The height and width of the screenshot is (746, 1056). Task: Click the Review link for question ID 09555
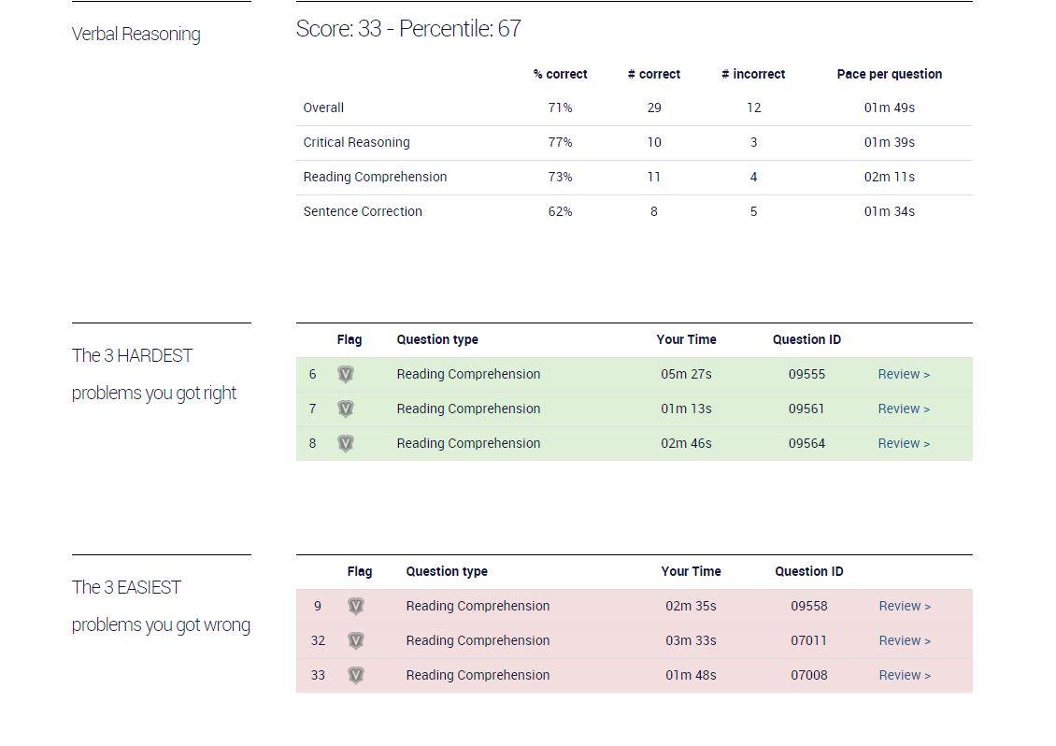pos(903,374)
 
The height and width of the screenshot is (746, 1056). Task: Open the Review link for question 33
pos(905,675)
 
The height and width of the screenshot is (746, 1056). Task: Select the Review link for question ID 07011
pos(905,640)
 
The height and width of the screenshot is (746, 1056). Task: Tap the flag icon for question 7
pos(346,409)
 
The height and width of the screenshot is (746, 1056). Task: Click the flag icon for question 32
pos(356,641)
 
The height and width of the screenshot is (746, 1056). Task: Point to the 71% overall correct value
pos(561,108)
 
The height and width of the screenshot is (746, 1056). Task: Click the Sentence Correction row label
pos(363,211)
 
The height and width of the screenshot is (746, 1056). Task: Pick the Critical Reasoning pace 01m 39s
pos(889,142)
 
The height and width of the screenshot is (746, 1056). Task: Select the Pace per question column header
pos(889,74)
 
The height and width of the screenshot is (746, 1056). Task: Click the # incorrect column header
pos(753,74)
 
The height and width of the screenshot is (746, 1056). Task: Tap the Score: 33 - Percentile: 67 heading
pos(408,28)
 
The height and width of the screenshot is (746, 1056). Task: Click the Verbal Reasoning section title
pos(136,34)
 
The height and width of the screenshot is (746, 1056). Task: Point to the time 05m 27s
pos(686,374)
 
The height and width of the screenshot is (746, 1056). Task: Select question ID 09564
pos(806,443)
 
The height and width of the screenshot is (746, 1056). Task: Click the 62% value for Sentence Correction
pos(561,211)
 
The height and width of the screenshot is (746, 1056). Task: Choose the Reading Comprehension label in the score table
pos(375,178)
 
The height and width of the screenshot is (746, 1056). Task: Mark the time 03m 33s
pos(691,640)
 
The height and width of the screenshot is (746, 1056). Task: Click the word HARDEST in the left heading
pos(155,355)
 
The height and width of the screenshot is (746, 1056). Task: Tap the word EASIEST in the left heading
pos(149,587)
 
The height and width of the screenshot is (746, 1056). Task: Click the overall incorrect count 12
pos(753,108)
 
